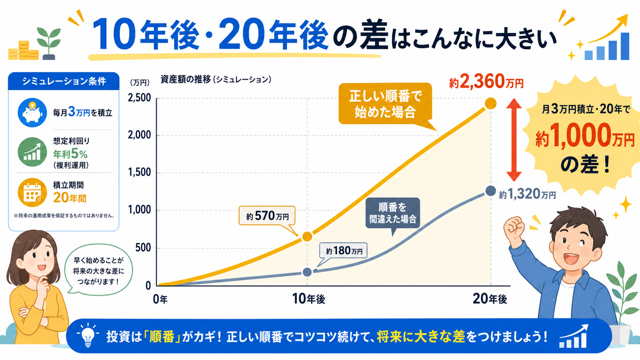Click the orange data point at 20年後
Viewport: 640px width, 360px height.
point(491,103)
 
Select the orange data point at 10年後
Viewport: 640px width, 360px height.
point(307,236)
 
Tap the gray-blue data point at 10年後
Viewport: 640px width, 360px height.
point(307,272)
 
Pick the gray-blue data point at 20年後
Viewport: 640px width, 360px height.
point(491,191)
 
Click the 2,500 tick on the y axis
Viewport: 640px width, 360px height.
point(139,98)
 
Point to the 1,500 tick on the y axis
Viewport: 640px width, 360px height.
point(139,173)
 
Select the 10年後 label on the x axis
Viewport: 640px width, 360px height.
point(308,299)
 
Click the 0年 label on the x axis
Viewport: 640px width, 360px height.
point(160,299)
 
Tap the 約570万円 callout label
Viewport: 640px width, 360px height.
point(267,216)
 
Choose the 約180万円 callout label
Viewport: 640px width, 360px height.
point(344,251)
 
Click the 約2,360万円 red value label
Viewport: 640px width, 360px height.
point(486,81)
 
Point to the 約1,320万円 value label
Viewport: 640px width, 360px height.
point(527,194)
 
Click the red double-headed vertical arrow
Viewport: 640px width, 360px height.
point(514,140)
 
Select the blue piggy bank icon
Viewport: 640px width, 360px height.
point(32,112)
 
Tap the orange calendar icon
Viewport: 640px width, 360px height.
point(32,192)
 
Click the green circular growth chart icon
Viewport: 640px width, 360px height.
point(32,152)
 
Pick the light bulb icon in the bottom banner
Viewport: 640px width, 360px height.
point(88,335)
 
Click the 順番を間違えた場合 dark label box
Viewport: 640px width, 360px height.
point(393,213)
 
